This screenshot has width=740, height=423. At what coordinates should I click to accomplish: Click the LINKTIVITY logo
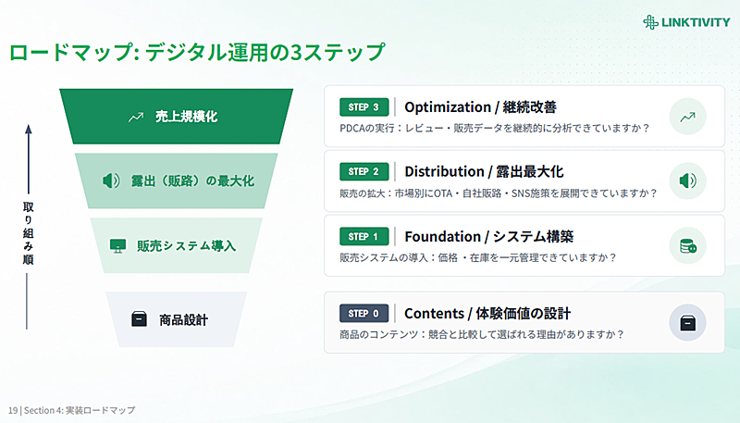coord(686,22)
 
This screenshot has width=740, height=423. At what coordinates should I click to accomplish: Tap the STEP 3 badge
coord(364,107)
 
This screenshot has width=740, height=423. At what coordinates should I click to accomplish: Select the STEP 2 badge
coord(364,171)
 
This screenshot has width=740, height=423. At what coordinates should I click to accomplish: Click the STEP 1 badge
coord(364,237)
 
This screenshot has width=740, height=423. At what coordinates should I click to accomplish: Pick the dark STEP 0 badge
coord(364,313)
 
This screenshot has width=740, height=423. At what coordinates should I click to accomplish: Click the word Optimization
coord(448,107)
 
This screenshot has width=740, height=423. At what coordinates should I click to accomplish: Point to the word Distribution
coord(444,172)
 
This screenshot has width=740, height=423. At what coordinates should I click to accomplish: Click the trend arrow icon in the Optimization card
coord(687,117)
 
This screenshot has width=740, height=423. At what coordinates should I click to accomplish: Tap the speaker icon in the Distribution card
coord(687,180)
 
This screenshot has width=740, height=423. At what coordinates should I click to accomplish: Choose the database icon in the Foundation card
coord(687,245)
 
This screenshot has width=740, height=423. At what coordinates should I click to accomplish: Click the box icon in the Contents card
coord(687,323)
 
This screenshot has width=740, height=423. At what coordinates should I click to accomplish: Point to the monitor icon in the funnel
coord(117,245)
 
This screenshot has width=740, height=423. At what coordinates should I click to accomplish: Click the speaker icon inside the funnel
coord(111,180)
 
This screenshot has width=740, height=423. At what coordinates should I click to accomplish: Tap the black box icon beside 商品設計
coord(139,319)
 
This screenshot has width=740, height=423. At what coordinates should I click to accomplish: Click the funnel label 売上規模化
coord(187,117)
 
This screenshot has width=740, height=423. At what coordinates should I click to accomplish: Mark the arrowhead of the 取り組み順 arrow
coord(29,129)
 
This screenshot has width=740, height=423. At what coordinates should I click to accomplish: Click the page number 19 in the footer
coord(13,410)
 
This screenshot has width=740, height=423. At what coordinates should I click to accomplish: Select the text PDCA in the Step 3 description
coord(352,128)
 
